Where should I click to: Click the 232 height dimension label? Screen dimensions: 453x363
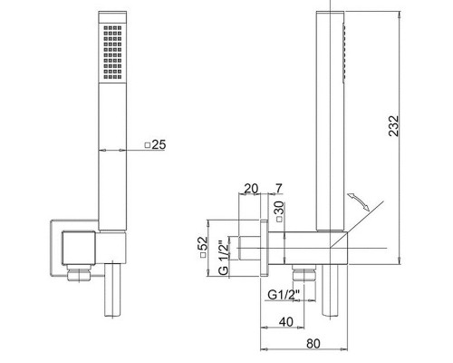point(394,126)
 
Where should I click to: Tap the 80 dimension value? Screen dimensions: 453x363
point(313,344)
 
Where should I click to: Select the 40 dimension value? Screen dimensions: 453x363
point(285,322)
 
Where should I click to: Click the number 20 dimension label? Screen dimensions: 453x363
point(251,189)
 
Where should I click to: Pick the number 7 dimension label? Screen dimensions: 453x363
point(278,189)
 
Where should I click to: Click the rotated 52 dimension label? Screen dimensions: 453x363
point(203,246)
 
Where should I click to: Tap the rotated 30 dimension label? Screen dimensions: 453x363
point(279,211)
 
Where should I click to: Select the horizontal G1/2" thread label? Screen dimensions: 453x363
point(284,294)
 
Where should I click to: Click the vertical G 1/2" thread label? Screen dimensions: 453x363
point(224,258)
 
